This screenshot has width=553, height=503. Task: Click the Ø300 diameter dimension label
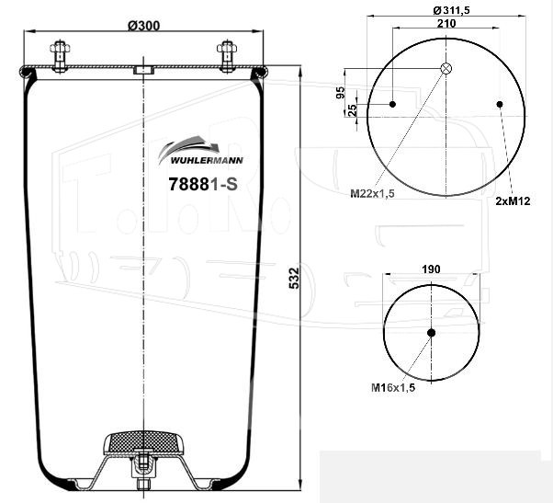[143, 26]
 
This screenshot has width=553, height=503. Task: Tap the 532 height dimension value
[294, 279]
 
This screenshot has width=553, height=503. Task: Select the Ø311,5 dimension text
[451, 11]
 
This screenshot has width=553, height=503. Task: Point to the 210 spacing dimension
[446, 23]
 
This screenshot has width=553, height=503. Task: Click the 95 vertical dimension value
[340, 93]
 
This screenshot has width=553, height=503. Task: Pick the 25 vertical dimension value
[353, 110]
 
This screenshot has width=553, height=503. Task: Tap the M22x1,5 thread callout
[372, 193]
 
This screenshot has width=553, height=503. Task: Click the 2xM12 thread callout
[513, 200]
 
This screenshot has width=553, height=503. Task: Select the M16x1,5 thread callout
[393, 387]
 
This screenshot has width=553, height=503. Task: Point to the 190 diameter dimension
[431, 269]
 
